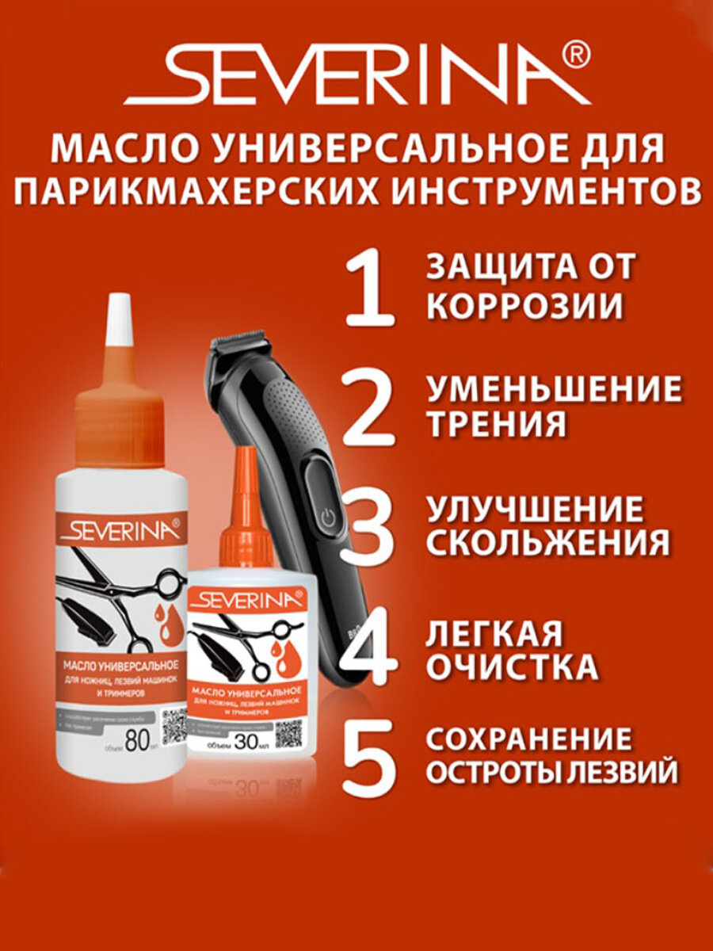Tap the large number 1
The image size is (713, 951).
click(369, 288)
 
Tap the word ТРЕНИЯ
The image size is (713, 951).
click(497, 424)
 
